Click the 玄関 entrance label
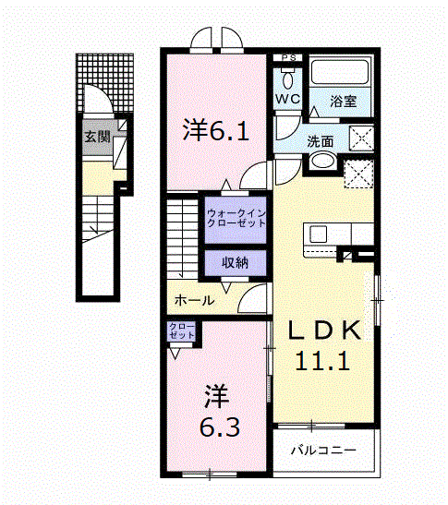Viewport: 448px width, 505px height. tap(97, 138)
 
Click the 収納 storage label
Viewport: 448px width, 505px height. tap(234, 262)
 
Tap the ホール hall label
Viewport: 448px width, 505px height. tap(194, 300)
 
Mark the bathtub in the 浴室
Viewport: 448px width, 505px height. tap(340, 74)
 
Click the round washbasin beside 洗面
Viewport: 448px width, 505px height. tap(323, 162)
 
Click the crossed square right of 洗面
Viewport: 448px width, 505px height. tap(360, 139)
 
